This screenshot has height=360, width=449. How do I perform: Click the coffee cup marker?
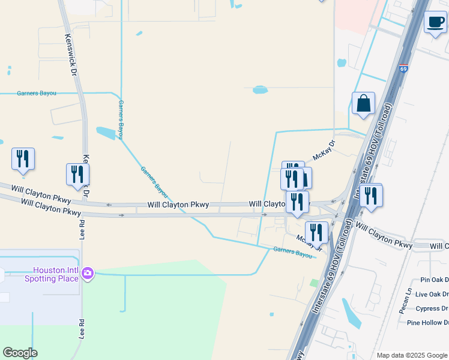(435, 23)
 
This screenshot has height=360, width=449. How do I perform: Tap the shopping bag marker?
(363, 103)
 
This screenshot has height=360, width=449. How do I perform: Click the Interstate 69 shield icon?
(403, 69)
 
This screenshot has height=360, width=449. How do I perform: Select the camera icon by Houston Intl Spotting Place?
(88, 274)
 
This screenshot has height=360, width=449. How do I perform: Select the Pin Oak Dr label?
(435, 280)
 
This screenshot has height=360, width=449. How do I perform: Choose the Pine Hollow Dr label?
(428, 323)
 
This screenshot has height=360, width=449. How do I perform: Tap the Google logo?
(20, 353)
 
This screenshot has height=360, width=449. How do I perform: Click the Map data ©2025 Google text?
(412, 355)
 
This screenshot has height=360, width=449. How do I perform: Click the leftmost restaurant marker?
(23, 159)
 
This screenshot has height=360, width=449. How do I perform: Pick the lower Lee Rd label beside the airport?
(81, 330)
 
